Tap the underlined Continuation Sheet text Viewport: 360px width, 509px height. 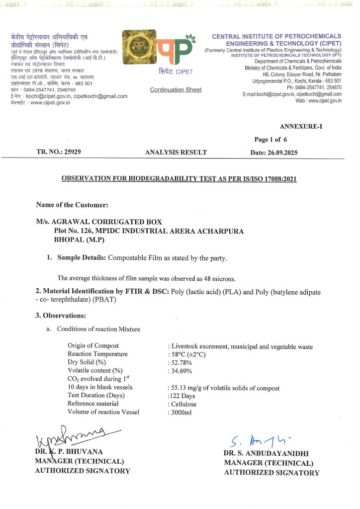(176, 89)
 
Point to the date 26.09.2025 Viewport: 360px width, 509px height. (281, 153)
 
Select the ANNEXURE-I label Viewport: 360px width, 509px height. (301, 126)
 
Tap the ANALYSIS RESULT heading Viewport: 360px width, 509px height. (176, 153)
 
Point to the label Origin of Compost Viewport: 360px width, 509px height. (93, 346)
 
